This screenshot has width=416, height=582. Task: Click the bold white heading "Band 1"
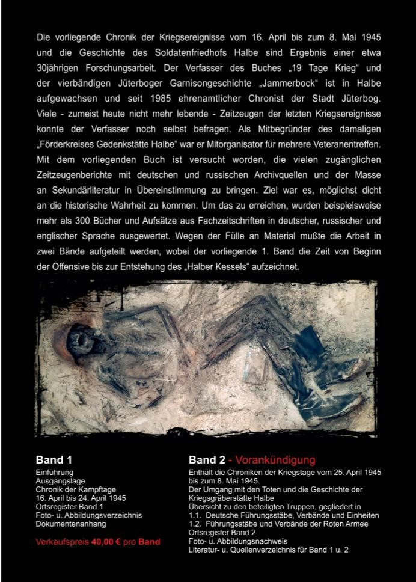(x=54, y=461)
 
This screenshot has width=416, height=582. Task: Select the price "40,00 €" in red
(x=106, y=542)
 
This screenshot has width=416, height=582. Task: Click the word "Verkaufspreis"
(x=62, y=542)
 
